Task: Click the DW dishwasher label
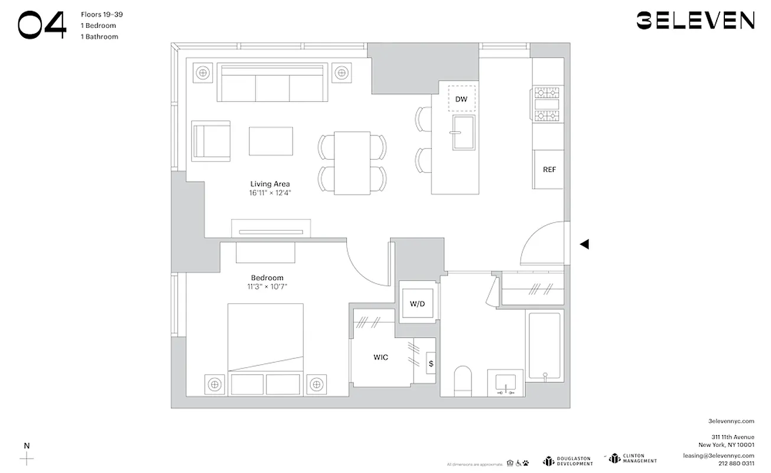pyautogui.click(x=461, y=99)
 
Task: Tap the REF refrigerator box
pyautogui.click(x=549, y=170)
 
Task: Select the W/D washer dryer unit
pyautogui.click(x=418, y=304)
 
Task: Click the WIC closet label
pyautogui.click(x=380, y=358)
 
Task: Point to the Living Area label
pyautogui.click(x=269, y=184)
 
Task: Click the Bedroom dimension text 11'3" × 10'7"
pyautogui.click(x=267, y=287)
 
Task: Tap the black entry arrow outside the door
pyautogui.click(x=584, y=244)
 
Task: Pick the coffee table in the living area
pyautogui.click(x=271, y=141)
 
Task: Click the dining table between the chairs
pyautogui.click(x=352, y=163)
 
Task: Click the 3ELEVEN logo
pyautogui.click(x=695, y=20)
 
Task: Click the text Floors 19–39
pyautogui.click(x=102, y=14)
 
